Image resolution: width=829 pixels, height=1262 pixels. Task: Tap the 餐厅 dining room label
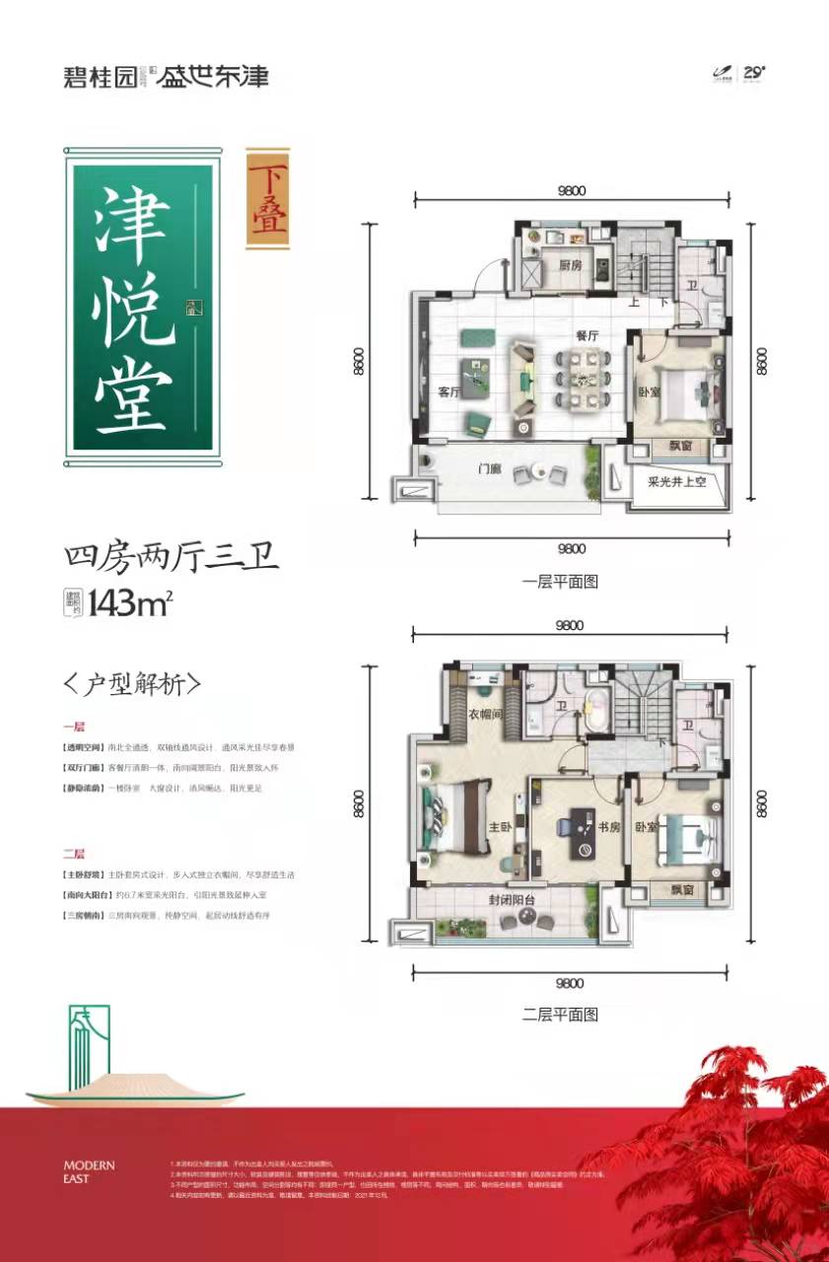pyautogui.click(x=588, y=335)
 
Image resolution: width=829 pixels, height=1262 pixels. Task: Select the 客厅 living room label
pyautogui.click(x=449, y=391)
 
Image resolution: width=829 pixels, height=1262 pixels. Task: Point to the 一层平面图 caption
pyautogui.click(x=560, y=582)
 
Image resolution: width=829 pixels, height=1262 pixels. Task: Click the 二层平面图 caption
pyautogui.click(x=560, y=1014)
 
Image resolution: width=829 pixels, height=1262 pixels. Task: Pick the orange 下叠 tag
pyautogui.click(x=267, y=195)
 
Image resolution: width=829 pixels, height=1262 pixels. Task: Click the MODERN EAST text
pyautogui.click(x=89, y=1172)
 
